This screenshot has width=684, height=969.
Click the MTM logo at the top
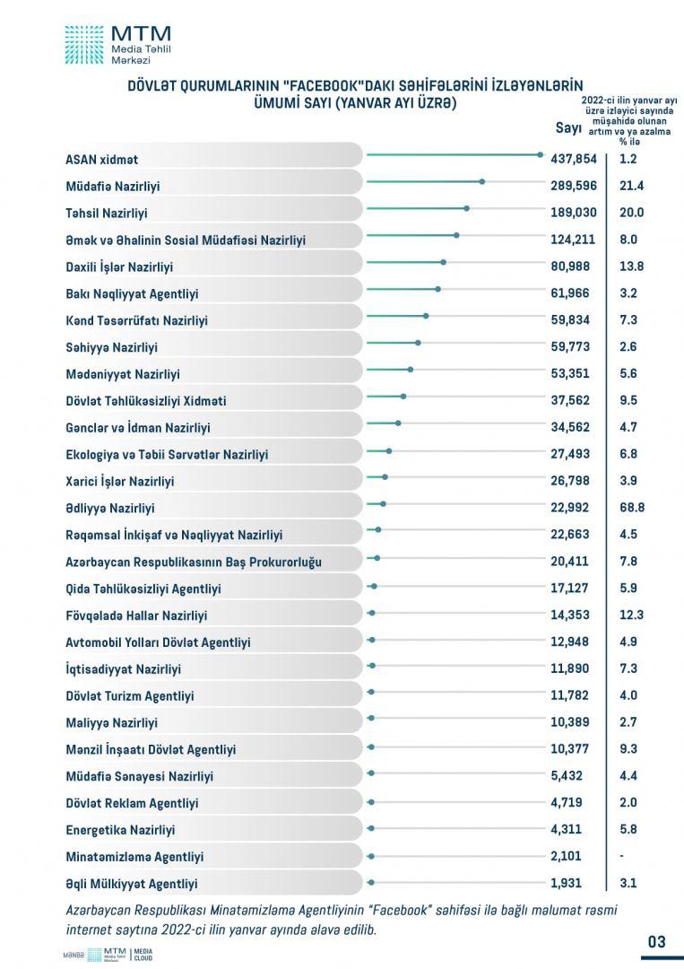point(118,45)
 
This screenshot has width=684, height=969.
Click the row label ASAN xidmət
point(102,160)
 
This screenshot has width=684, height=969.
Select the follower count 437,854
point(574,159)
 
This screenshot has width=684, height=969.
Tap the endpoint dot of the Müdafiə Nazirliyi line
point(481,181)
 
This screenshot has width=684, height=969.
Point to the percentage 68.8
point(632,507)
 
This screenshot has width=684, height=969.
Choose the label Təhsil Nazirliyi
point(106,214)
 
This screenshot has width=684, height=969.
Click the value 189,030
point(574,213)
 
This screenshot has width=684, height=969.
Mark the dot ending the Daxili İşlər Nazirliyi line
point(443,262)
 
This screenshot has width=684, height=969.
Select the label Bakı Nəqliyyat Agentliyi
point(132,293)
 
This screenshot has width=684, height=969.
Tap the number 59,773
point(570,346)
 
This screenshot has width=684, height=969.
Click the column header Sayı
point(568,128)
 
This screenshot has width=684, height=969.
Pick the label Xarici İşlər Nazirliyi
point(120,482)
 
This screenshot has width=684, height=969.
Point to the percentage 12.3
point(631,615)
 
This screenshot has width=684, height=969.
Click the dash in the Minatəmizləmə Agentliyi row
point(621,857)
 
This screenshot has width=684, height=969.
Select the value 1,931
point(566,883)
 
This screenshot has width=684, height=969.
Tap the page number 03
point(657,941)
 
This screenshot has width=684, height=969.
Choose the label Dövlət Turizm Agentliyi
point(130,696)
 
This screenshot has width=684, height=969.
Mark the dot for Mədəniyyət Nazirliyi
point(410,370)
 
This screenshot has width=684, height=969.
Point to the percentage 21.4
point(631,186)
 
